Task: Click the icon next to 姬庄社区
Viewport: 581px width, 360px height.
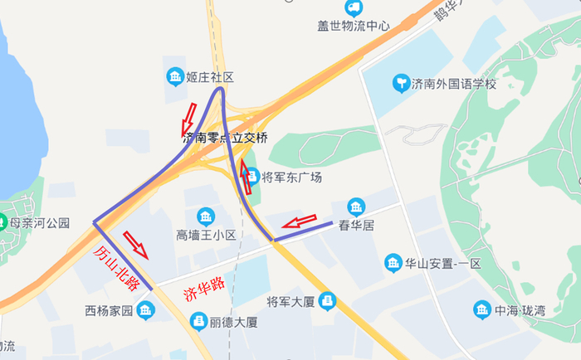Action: (x=176, y=77)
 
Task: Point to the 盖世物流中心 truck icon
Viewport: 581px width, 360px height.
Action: (x=354, y=8)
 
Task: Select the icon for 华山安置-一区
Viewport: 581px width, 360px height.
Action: (x=393, y=264)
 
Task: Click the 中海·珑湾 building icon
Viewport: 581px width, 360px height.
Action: (x=482, y=310)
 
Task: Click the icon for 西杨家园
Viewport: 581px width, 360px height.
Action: (x=146, y=311)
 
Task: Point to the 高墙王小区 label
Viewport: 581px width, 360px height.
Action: (x=207, y=236)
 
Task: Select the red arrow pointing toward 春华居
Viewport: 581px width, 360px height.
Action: (x=299, y=221)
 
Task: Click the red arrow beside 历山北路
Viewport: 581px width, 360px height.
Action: (x=136, y=245)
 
